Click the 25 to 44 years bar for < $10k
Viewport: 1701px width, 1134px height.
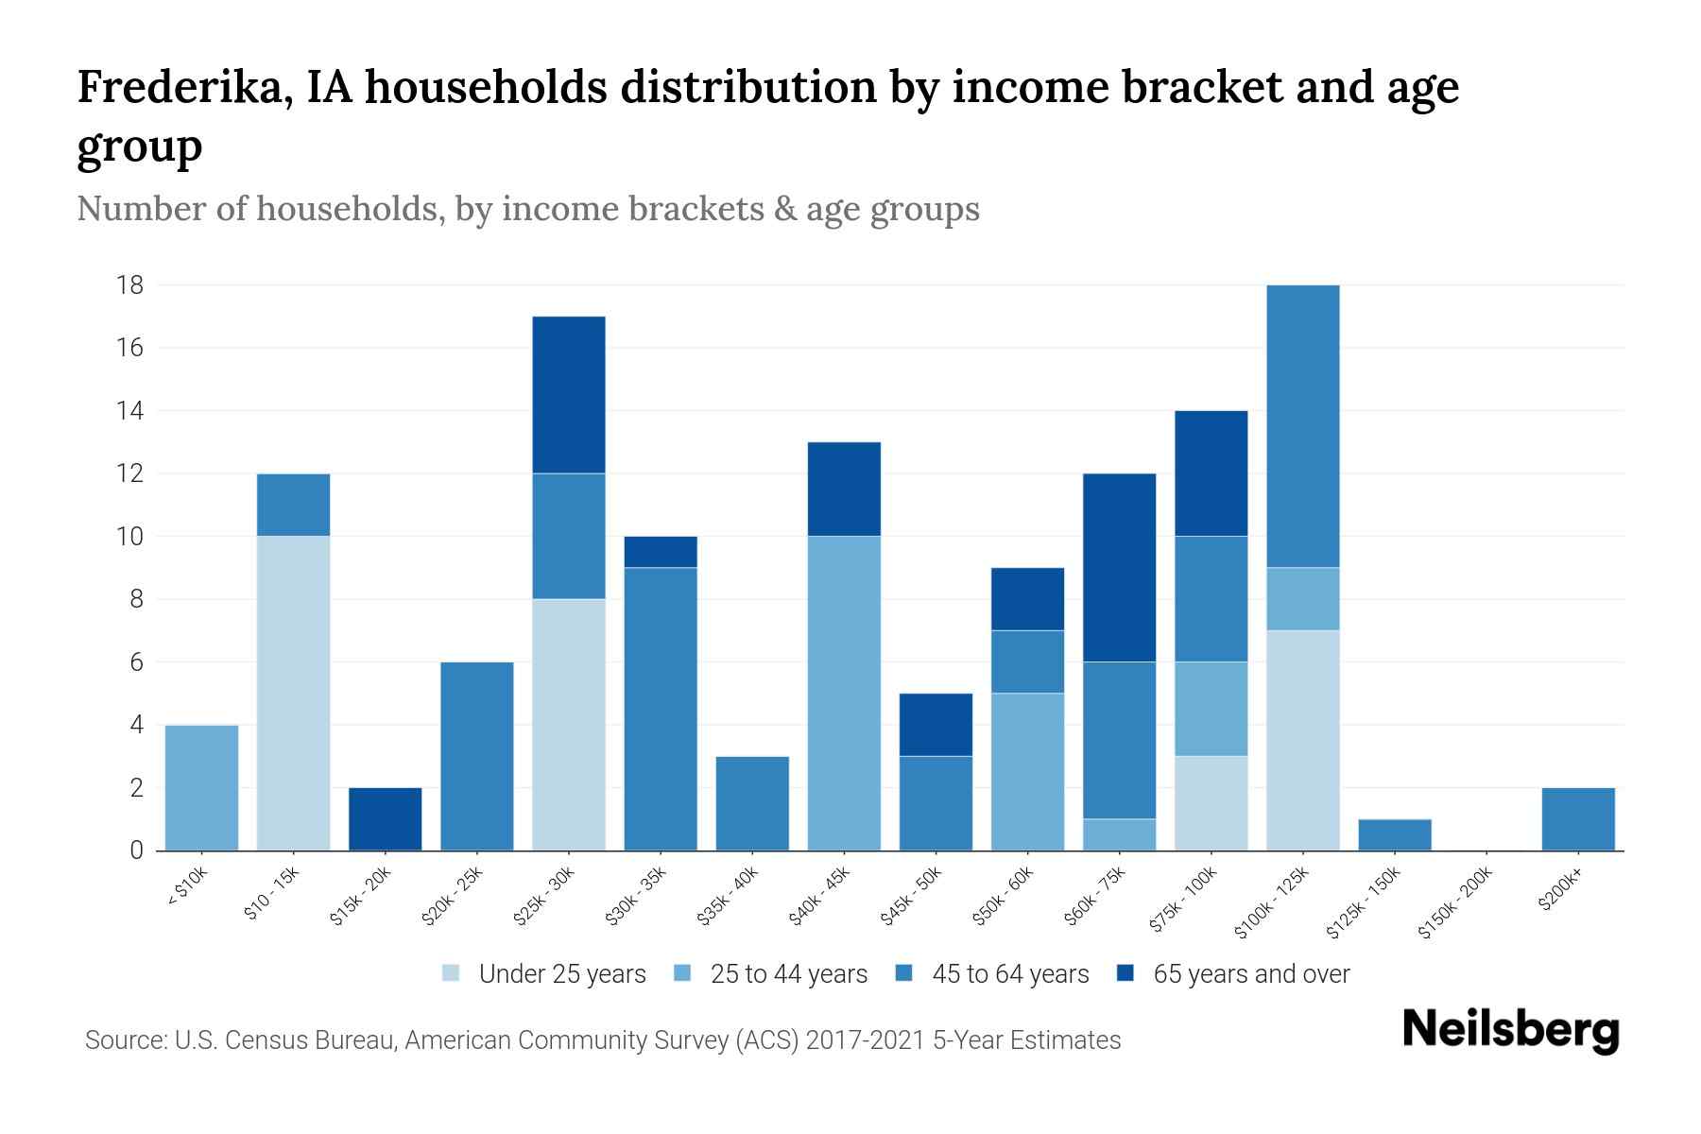click(201, 787)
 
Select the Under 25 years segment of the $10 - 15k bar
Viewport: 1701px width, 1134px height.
click(293, 693)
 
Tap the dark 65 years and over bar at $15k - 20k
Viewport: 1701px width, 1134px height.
click(386, 818)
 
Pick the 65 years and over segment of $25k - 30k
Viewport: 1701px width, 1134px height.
click(569, 395)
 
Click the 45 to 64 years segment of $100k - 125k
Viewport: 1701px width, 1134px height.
click(1302, 425)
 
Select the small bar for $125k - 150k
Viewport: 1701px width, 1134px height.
click(1394, 834)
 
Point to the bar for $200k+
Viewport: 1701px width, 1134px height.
click(1577, 818)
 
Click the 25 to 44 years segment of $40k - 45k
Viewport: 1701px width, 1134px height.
click(844, 693)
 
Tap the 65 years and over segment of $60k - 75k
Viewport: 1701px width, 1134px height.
click(1119, 567)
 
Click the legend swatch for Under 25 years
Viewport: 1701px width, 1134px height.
click(451, 973)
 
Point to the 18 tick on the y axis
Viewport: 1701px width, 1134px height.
click(129, 284)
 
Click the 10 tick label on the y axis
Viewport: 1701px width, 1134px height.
click(129, 536)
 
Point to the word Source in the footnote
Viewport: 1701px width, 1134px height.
click(124, 1040)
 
